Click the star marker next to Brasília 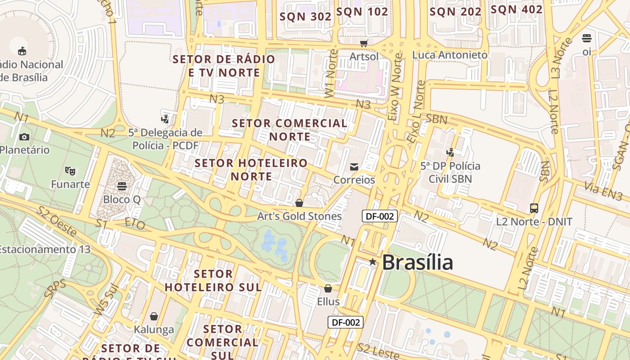pyautogui.click(x=373, y=261)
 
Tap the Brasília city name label pyautogui.click(x=417, y=262)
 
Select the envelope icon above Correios pyautogui.click(x=354, y=167)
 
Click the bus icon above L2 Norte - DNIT pyautogui.click(x=534, y=208)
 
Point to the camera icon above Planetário pyautogui.click(x=24, y=137)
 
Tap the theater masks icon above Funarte pyautogui.click(x=70, y=171)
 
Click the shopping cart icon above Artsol pyautogui.click(x=364, y=43)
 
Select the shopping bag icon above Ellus pyautogui.click(x=328, y=288)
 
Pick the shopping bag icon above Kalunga pyautogui.click(x=154, y=316)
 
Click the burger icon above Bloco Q pyautogui.click(x=121, y=186)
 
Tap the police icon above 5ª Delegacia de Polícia pyautogui.click(x=165, y=119)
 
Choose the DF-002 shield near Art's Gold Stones pyautogui.click(x=379, y=216)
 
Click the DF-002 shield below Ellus pyautogui.click(x=345, y=322)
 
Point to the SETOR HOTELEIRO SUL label pyautogui.click(x=213, y=280)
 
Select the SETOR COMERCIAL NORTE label pyautogui.click(x=290, y=130)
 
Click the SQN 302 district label pyautogui.click(x=306, y=17)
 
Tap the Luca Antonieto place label pyautogui.click(x=450, y=55)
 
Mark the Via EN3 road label pyautogui.click(x=603, y=191)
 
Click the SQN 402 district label pyautogui.click(x=517, y=9)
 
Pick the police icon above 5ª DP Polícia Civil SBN pyautogui.click(x=450, y=152)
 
